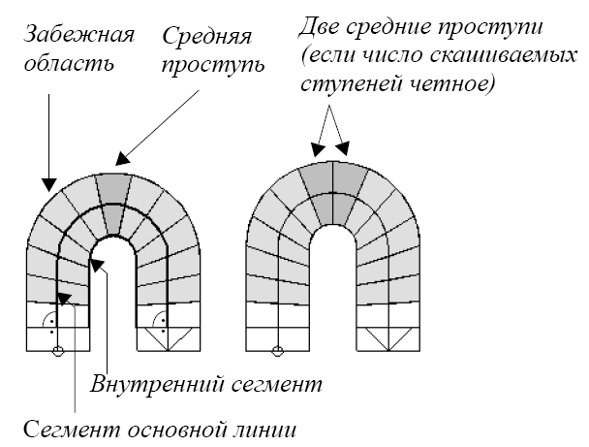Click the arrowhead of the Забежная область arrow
click(x=44, y=181)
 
